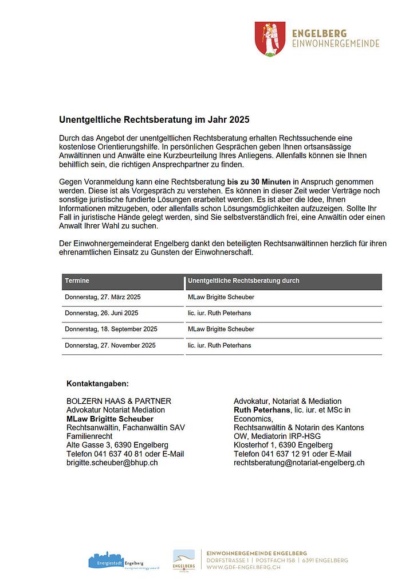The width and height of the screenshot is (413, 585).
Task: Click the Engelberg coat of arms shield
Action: [x=270, y=39]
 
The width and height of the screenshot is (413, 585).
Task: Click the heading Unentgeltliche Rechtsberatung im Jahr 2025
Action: [x=155, y=120]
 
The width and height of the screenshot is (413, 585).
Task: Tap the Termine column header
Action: [x=77, y=281]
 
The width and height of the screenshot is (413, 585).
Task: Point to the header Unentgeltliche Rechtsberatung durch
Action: [x=243, y=281]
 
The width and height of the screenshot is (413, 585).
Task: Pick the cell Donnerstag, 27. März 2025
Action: [x=103, y=297]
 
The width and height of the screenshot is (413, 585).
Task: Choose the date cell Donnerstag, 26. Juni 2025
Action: [x=101, y=313]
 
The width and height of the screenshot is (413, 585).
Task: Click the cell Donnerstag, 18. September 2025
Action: [x=111, y=329]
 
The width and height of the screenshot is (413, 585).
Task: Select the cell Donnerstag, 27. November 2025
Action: [x=110, y=345]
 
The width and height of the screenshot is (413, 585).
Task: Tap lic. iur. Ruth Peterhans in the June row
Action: [x=219, y=313]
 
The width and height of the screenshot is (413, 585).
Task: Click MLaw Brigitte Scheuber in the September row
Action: [x=221, y=329]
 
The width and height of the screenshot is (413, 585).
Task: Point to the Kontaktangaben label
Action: [x=98, y=383]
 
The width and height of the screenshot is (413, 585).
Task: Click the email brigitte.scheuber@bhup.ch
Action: [x=112, y=462]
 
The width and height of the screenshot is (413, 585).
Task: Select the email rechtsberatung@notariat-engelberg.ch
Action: [x=299, y=462]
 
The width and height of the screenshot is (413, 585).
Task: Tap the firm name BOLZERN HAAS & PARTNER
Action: [x=119, y=401]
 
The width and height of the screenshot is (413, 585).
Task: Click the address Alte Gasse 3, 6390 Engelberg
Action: [x=117, y=445]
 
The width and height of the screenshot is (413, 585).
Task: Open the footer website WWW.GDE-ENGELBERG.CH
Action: [x=244, y=567]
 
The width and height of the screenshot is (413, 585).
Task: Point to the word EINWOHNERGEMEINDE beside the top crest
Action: [x=336, y=43]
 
